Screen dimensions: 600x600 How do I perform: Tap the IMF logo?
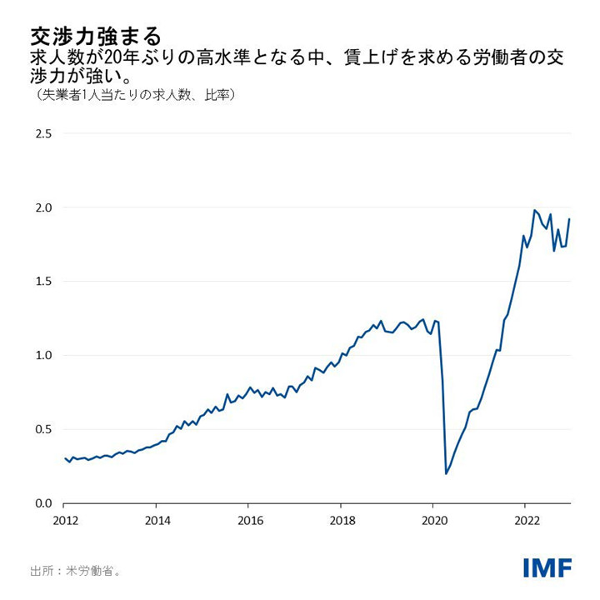(x=547, y=568)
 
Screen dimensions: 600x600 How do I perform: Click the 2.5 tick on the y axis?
(x=42, y=133)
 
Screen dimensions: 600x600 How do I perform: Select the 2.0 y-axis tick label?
(x=42, y=207)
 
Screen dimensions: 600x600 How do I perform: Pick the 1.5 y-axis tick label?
(x=42, y=282)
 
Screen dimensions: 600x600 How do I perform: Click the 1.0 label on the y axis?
(x=42, y=356)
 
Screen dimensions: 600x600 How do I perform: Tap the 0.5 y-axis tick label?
(x=42, y=430)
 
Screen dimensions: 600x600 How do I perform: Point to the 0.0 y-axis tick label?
(x=42, y=503)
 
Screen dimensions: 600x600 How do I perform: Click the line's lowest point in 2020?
(x=447, y=473)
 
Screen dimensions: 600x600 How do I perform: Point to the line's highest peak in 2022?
(x=534, y=210)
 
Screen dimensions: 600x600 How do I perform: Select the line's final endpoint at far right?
(x=570, y=219)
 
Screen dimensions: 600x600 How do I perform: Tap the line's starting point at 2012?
(x=64, y=457)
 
